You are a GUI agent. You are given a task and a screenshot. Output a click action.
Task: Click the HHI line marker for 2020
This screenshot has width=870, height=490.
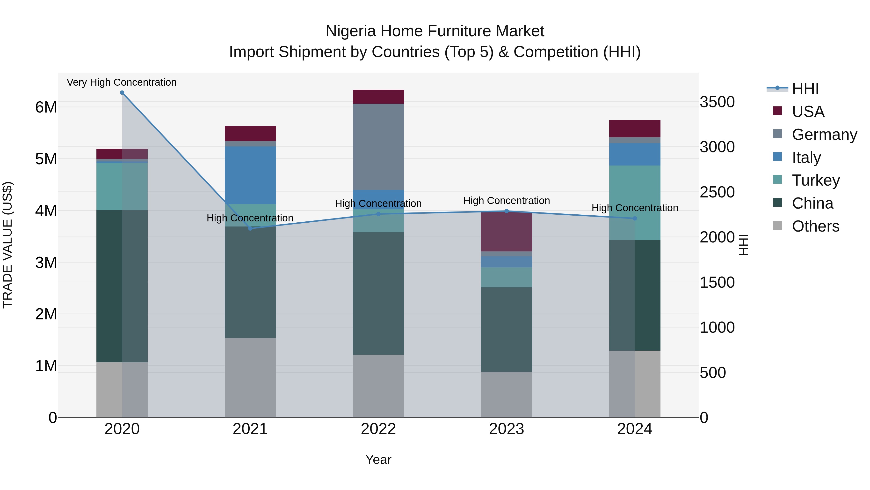(x=122, y=93)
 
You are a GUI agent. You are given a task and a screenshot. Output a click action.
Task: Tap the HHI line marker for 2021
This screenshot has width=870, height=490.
(x=250, y=229)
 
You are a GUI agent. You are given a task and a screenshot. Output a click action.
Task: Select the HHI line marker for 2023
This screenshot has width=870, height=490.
(x=506, y=211)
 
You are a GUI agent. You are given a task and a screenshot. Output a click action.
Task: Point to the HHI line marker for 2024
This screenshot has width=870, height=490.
(x=635, y=219)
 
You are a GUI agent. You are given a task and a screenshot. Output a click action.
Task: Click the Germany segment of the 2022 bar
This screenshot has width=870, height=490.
(x=378, y=147)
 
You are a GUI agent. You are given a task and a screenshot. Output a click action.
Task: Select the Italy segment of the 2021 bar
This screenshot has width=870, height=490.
(x=250, y=175)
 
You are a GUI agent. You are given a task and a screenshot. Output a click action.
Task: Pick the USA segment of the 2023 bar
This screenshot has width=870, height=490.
(x=506, y=232)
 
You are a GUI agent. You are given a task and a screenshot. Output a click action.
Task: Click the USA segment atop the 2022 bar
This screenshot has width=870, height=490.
(x=378, y=97)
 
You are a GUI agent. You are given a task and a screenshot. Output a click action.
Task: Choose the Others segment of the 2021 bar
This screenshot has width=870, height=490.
(x=250, y=377)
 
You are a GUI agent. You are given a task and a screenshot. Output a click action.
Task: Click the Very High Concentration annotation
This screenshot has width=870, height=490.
(x=122, y=83)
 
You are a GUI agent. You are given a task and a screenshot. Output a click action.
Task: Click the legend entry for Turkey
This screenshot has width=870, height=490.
(x=816, y=180)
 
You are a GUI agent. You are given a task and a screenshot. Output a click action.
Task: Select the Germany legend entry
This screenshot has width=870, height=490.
(x=824, y=135)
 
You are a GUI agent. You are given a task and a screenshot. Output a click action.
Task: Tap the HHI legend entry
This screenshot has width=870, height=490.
(x=805, y=89)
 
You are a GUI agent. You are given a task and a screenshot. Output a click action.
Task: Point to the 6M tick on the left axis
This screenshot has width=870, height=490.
(x=46, y=107)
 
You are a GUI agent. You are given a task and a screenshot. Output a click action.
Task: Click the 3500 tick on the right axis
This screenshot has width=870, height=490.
(x=717, y=102)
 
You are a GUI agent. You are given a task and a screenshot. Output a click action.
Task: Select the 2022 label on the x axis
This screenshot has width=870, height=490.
(x=378, y=429)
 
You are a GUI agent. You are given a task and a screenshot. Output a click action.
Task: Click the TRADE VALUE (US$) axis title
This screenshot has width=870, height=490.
(x=7, y=245)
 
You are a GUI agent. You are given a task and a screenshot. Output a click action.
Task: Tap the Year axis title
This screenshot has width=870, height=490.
(x=378, y=460)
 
